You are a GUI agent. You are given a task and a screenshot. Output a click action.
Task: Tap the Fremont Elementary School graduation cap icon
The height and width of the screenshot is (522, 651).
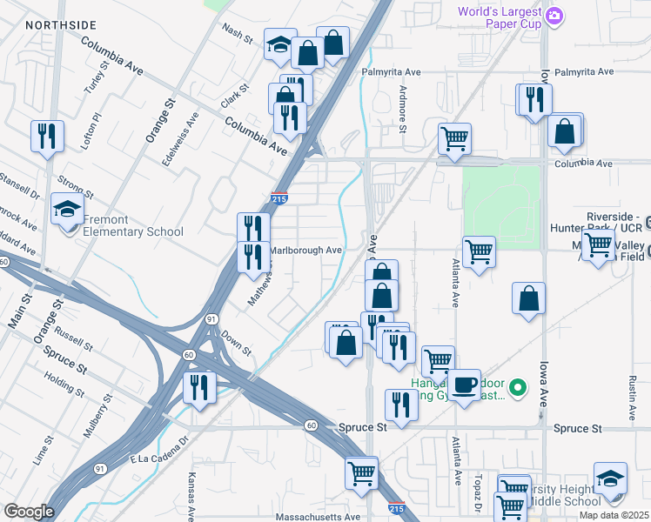tap(67, 211)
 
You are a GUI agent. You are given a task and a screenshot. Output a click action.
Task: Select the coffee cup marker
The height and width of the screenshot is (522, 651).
tap(465, 385)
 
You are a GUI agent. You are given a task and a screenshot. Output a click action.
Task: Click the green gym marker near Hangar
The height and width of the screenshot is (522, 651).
tap(518, 387)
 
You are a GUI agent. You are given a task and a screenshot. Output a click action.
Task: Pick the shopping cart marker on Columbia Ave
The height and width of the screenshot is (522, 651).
tap(454, 137)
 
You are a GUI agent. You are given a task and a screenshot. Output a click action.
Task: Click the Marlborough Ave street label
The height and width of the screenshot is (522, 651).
tap(305, 250)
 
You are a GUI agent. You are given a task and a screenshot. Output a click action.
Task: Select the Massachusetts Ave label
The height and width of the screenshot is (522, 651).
tap(318, 516)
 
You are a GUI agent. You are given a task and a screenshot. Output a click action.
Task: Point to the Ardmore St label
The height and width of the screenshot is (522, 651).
tap(402, 109)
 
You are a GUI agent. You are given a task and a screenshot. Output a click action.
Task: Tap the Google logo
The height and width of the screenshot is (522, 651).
tap(29, 512)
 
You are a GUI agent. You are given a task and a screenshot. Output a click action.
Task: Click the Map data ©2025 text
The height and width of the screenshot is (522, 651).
tap(614, 516)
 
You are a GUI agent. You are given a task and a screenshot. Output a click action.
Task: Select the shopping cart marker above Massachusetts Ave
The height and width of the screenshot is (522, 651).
tap(361, 472)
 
